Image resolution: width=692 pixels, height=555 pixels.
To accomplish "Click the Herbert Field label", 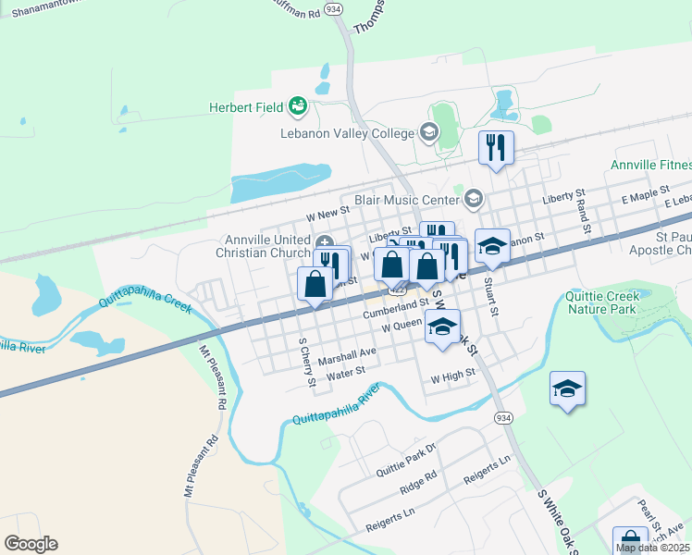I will tap(243, 107).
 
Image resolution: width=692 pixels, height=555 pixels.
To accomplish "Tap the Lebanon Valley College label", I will tap(347, 133).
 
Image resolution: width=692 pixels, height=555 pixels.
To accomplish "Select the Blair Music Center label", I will tap(407, 199).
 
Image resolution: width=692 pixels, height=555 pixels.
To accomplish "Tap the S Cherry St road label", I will tap(306, 364).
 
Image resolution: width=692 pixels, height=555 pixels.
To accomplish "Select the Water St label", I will tap(347, 373).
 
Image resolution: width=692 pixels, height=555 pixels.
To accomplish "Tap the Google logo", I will tap(31, 544).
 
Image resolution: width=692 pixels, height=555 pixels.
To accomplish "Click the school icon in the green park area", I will tap(567, 388).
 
